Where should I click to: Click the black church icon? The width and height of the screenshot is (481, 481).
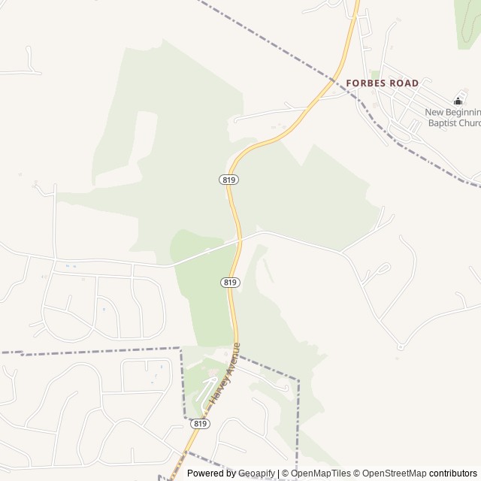click(458, 101)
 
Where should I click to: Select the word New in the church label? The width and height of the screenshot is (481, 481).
click(435, 113)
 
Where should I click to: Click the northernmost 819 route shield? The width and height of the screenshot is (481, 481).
click(229, 180)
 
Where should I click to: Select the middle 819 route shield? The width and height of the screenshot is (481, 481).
click(230, 282)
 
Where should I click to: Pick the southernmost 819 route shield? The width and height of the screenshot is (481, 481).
click(199, 424)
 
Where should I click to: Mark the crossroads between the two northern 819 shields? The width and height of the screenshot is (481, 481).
click(240, 240)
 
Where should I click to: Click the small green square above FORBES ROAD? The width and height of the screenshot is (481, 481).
click(374, 74)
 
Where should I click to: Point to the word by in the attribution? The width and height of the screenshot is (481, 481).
click(231, 473)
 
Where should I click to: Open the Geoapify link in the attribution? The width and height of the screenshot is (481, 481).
click(256, 473)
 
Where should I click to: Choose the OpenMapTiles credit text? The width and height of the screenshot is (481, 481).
click(320, 473)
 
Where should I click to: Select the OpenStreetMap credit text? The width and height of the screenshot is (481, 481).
click(391, 473)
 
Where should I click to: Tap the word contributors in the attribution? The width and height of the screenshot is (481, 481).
click(454, 473)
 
